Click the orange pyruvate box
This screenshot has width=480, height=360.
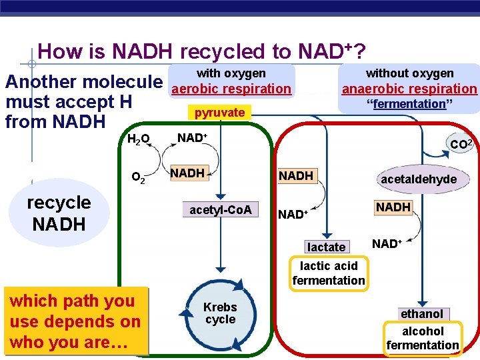(219, 113)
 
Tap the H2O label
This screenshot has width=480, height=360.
(139, 139)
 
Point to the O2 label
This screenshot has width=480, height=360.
(139, 177)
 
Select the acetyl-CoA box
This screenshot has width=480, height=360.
(221, 210)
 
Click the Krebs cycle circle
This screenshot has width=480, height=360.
(220, 314)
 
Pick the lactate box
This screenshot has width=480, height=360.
(327, 247)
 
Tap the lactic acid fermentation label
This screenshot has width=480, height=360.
(329, 273)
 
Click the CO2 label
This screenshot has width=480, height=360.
(461, 143)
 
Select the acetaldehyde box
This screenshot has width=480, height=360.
(419, 179)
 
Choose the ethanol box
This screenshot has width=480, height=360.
(421, 314)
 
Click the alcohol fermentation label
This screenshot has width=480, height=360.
(423, 338)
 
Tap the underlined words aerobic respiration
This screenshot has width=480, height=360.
(231, 89)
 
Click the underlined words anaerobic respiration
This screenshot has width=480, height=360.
(409, 89)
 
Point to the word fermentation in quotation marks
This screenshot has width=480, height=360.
(409, 104)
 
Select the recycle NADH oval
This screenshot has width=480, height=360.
(60, 213)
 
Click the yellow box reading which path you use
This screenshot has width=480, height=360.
(75, 321)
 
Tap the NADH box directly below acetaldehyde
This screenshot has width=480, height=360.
(393, 207)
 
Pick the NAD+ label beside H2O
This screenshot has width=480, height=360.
(192, 138)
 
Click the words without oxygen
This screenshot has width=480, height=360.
(409, 73)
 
